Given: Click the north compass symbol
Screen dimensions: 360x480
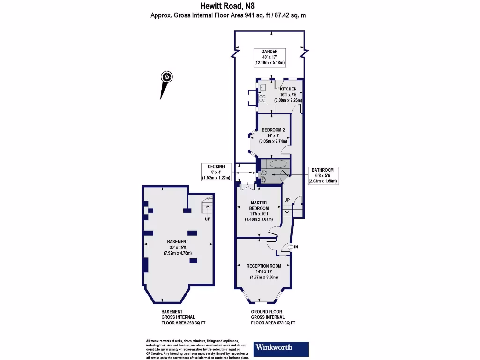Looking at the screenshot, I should click(166, 77).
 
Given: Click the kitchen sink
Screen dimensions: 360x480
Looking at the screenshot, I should click(263, 88).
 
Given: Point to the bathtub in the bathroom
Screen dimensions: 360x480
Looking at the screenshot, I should click(274, 164).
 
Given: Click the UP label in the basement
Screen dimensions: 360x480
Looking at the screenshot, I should click(207, 219).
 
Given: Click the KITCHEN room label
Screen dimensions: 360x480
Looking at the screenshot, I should click(288, 89).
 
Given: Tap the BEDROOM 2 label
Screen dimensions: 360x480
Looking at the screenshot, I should click(273, 130).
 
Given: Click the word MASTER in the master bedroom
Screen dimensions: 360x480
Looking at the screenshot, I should click(259, 202).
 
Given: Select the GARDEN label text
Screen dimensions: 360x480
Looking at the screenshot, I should click(270, 51).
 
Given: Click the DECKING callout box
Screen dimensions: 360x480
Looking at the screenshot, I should click(216, 172).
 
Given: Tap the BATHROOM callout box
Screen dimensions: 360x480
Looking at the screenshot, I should click(322, 175).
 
